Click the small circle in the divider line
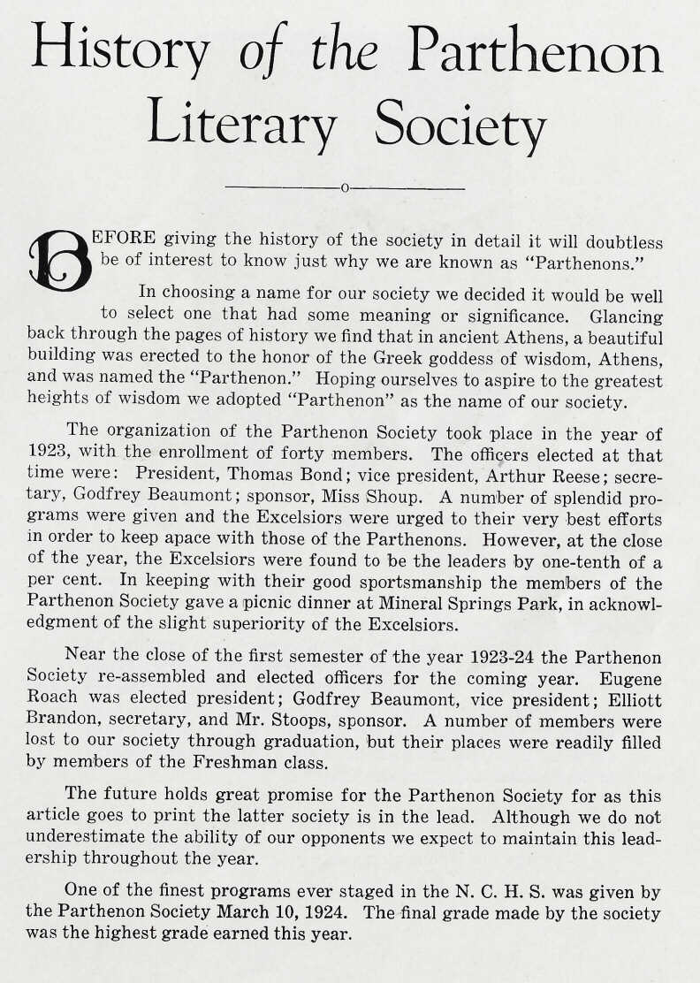346,188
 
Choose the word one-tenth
577,561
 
